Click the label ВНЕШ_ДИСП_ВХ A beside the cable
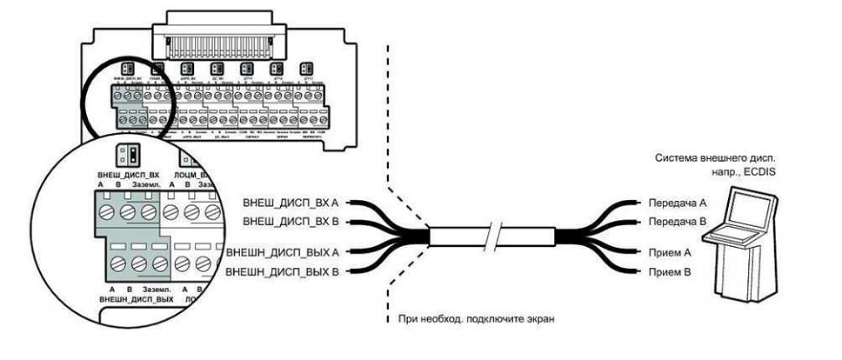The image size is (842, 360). pyautogui.click(x=284, y=203)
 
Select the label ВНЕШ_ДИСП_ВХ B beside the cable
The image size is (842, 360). pyautogui.click(x=284, y=222)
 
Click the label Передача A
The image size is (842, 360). pyautogui.click(x=675, y=203)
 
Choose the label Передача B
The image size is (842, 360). pyautogui.click(x=675, y=222)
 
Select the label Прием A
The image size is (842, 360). pyautogui.click(x=668, y=252)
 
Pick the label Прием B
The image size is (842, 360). pyautogui.click(x=668, y=273)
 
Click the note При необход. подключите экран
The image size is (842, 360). pyautogui.click(x=476, y=318)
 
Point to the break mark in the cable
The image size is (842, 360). pyautogui.click(x=495, y=237)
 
